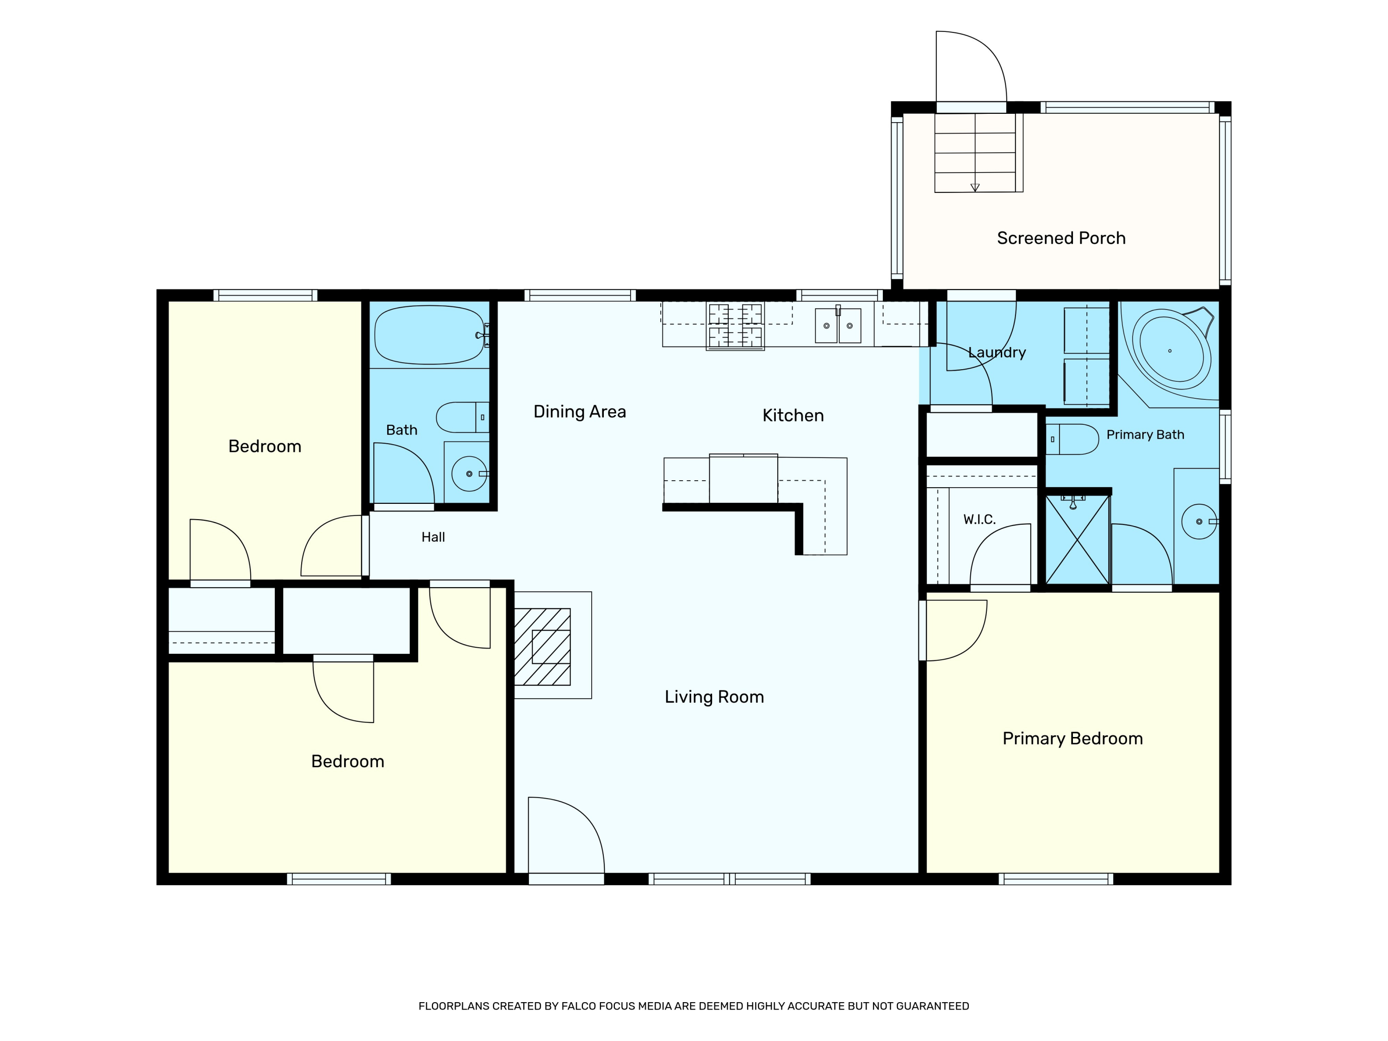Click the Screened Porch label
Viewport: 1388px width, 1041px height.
pyautogui.click(x=1060, y=238)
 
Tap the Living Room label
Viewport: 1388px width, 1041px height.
pyautogui.click(x=714, y=697)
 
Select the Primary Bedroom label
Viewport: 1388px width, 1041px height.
pyautogui.click(x=1072, y=738)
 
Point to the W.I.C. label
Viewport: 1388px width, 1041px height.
pyautogui.click(x=979, y=520)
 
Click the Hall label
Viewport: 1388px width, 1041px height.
pyautogui.click(x=433, y=537)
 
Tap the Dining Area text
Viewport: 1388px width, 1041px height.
pyautogui.click(x=579, y=412)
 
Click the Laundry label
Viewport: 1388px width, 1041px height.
pyautogui.click(x=997, y=353)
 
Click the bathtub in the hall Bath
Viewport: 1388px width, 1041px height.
pyautogui.click(x=430, y=335)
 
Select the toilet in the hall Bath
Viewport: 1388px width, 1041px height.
pyautogui.click(x=463, y=417)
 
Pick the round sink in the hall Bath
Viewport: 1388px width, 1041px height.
pyautogui.click(x=469, y=474)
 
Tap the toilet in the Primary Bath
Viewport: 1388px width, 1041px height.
pyautogui.click(x=1072, y=439)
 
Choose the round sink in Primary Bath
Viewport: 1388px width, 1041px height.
pyautogui.click(x=1199, y=521)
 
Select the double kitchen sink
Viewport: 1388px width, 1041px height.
pyautogui.click(x=838, y=326)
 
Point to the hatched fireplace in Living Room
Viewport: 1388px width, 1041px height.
pyautogui.click(x=542, y=647)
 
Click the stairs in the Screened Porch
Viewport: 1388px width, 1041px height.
pyautogui.click(x=975, y=153)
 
